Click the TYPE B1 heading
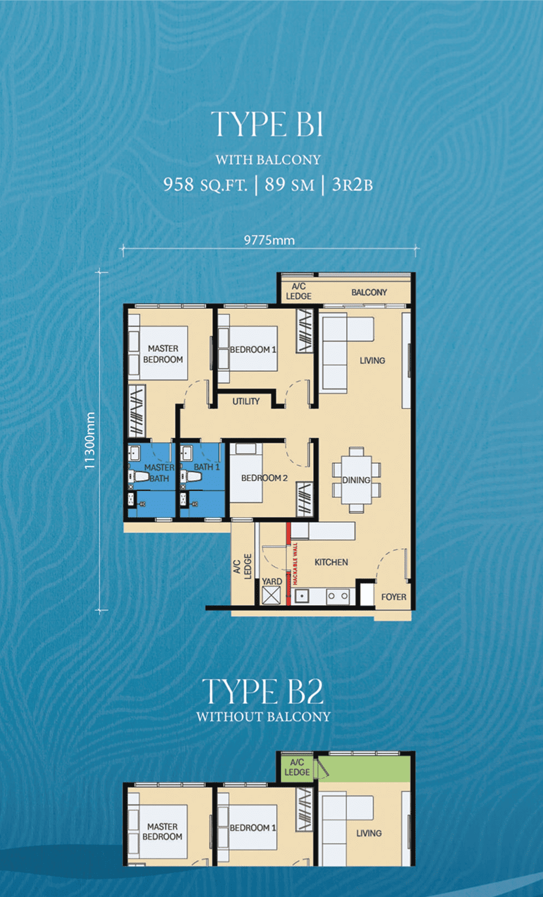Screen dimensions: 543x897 (x=267, y=124)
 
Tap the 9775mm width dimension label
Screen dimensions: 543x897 (x=269, y=240)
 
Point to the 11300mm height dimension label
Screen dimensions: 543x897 (x=90, y=440)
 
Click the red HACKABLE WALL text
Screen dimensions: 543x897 (x=295, y=563)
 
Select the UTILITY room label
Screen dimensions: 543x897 (x=246, y=401)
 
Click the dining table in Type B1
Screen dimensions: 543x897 (x=356, y=480)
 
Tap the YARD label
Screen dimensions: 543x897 (x=272, y=582)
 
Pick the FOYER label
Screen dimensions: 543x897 (x=393, y=597)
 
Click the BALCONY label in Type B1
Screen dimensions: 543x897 (x=369, y=293)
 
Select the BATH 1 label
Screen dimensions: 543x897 (x=206, y=467)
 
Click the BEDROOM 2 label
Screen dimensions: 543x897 (x=264, y=478)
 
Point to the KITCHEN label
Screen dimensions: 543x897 (x=331, y=562)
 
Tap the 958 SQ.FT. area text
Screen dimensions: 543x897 (x=205, y=185)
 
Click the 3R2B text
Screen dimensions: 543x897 (x=352, y=185)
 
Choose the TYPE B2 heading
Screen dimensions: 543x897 (x=262, y=691)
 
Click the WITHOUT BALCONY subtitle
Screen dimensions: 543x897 (x=264, y=717)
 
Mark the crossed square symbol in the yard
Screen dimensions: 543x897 (x=271, y=595)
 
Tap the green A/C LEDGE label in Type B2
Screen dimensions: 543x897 (x=297, y=767)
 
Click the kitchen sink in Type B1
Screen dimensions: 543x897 (x=302, y=596)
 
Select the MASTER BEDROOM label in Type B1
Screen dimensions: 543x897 (x=163, y=354)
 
